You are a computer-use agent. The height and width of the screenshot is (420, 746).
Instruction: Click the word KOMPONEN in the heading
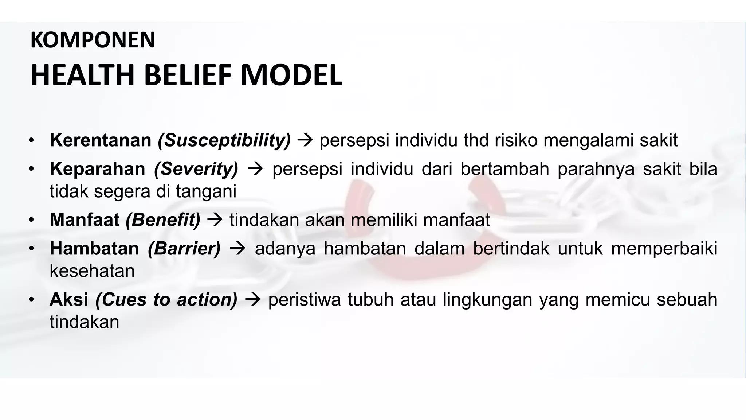click(x=93, y=40)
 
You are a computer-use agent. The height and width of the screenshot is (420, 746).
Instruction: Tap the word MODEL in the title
click(x=291, y=75)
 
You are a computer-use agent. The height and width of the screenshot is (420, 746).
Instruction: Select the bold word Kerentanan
click(x=100, y=140)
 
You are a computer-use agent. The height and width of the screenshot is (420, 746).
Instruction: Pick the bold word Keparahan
click(x=97, y=169)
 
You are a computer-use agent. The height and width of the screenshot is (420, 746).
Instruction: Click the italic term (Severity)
click(x=196, y=169)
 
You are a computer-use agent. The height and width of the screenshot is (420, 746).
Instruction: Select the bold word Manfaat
click(x=85, y=220)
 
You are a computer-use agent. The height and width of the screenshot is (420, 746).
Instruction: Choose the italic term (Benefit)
click(x=163, y=220)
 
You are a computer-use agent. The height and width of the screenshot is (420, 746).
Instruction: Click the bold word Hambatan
click(x=94, y=249)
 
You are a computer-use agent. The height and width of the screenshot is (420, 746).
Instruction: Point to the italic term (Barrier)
click(x=184, y=249)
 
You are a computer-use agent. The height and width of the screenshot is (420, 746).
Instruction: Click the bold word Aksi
click(x=69, y=300)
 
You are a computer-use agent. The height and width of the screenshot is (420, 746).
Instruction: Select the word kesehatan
click(x=92, y=271)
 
